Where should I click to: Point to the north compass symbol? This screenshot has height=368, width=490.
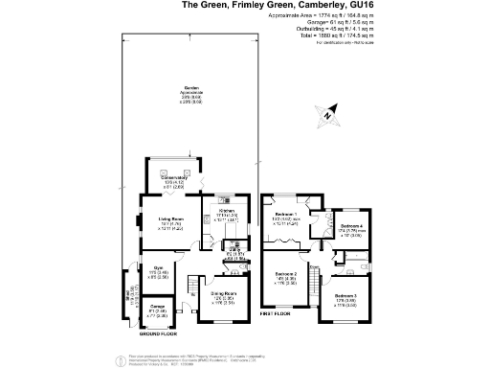tap(327, 115)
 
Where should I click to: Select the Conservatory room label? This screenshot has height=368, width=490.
tap(173, 178)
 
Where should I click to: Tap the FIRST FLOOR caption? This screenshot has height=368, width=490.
tap(275, 313)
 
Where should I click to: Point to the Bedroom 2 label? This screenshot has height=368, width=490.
tap(287, 275)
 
